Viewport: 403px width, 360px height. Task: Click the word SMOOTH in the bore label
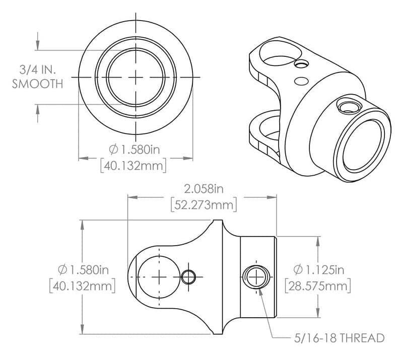(38, 84)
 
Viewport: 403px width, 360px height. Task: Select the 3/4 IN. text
(38, 69)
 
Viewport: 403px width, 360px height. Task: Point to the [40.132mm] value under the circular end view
(134, 166)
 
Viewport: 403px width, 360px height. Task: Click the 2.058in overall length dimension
(204, 189)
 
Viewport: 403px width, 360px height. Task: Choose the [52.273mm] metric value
(204, 205)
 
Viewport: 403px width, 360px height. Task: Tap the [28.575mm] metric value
(317, 286)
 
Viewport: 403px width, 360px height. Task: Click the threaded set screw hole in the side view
(257, 276)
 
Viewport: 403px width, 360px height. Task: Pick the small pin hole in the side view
(189, 276)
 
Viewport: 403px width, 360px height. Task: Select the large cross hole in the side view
(159, 276)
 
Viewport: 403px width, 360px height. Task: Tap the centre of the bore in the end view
(137, 77)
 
